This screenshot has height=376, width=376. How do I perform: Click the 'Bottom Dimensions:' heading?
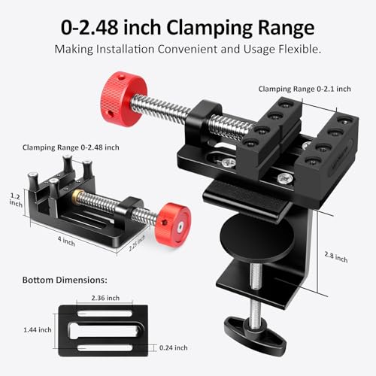pos(65,279)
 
